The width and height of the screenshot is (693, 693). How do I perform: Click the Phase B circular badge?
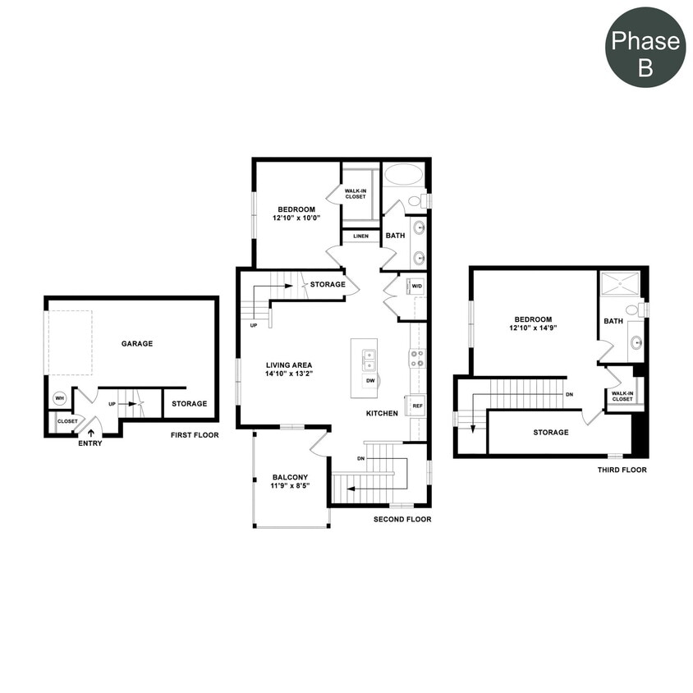point(645,48)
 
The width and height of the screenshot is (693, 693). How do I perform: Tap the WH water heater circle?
point(59,398)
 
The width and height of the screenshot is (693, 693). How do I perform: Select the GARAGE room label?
point(137,344)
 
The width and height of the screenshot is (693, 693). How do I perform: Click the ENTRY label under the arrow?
point(90,443)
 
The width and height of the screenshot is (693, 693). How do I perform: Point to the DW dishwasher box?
point(370,381)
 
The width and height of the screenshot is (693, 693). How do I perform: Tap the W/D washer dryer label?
point(416,287)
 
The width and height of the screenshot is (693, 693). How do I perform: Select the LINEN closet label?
point(360,236)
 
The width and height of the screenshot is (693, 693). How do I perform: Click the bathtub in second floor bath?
point(402,175)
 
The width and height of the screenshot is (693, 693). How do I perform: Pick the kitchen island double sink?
point(369,360)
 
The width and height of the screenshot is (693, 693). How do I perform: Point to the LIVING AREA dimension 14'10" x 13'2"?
point(289,374)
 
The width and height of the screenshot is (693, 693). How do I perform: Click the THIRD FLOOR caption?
point(622,470)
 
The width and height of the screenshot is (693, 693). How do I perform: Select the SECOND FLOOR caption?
point(402,520)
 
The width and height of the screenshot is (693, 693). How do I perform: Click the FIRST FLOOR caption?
point(195,435)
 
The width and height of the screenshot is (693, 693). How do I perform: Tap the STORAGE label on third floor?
point(550,433)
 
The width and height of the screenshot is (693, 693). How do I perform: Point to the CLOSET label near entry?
point(67,421)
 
